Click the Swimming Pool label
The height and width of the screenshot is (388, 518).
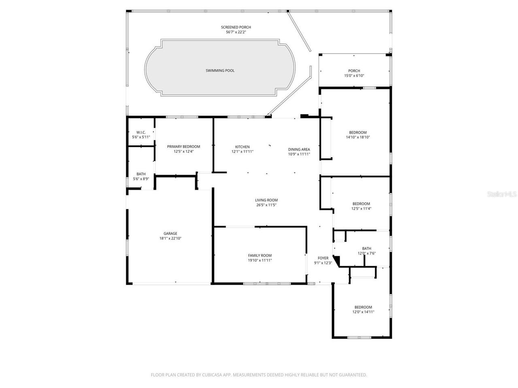(220, 71)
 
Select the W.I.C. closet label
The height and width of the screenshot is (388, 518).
(141, 133)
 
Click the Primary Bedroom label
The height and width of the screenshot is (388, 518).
(183, 147)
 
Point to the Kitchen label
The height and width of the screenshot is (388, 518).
(242, 147)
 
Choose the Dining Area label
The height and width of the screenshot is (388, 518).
(299, 149)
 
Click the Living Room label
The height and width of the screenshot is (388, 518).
(266, 200)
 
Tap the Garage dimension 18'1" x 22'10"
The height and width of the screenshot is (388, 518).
(170, 238)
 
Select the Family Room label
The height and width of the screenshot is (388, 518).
(260, 255)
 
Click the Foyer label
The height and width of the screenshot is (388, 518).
(323, 258)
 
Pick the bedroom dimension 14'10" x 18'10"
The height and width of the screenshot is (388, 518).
(358, 137)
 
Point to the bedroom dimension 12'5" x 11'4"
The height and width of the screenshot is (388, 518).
(361, 209)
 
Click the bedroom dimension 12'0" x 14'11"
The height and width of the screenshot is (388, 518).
(363, 312)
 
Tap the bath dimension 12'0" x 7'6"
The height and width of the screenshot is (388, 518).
(367, 253)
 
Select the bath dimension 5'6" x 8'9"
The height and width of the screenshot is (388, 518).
(141, 179)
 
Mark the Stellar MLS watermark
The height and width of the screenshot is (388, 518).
(501, 194)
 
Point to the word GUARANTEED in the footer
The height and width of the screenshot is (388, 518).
(353, 375)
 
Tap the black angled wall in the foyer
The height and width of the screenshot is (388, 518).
(336, 259)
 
